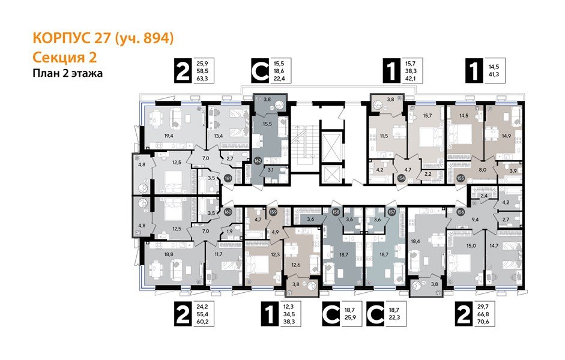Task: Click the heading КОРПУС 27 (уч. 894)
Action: click(103, 39)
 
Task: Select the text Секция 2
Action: click(64, 58)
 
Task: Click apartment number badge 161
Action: click(228, 178)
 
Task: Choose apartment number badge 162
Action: click(257, 161)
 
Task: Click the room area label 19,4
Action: click(169, 136)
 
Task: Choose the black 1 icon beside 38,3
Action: click(271, 313)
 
